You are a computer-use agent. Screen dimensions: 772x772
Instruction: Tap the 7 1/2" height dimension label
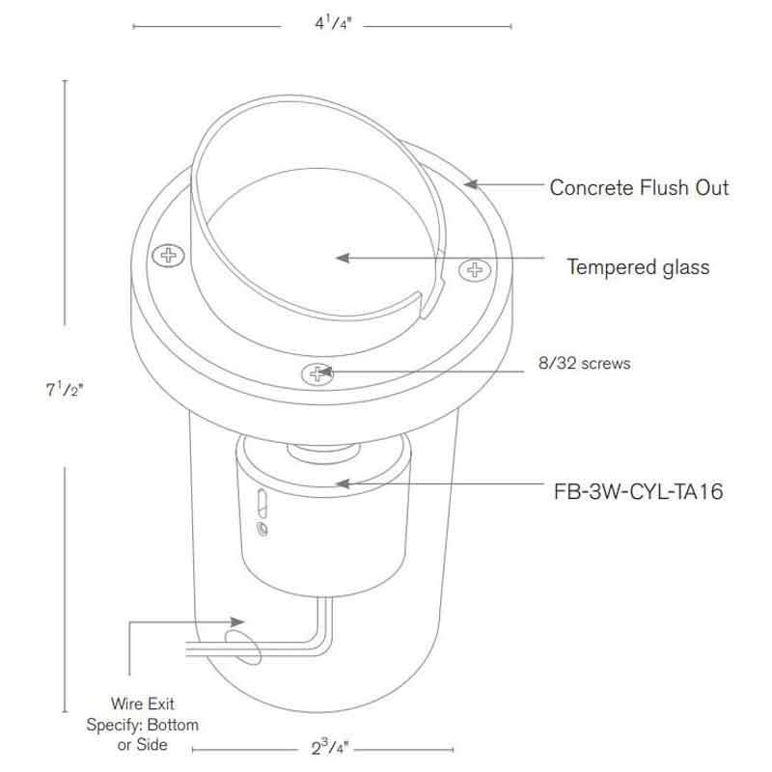[64, 392]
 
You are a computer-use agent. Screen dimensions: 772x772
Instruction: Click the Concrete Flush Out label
[639, 187]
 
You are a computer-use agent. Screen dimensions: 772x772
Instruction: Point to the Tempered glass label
[638, 266]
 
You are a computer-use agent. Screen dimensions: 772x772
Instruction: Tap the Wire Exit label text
[142, 705]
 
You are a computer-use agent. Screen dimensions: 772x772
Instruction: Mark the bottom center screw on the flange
[316, 373]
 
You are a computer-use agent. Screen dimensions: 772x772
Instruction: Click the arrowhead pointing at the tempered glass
[339, 258]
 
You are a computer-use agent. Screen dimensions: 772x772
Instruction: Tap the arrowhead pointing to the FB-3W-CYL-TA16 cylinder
[339, 482]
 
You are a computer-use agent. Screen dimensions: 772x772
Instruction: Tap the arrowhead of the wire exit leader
[242, 622]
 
